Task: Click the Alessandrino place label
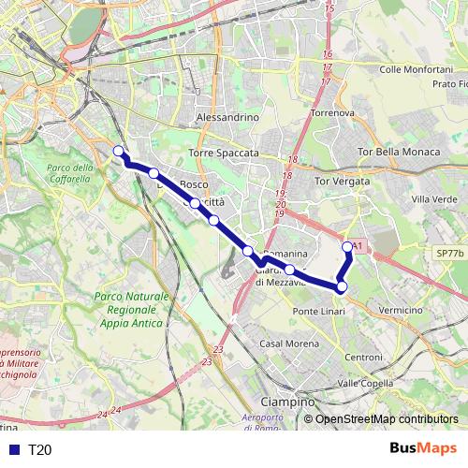pos(227,118)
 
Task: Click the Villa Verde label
pos(433,199)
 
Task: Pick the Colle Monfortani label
pos(417,69)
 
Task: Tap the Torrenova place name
pos(333,112)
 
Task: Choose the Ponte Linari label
pos(319,311)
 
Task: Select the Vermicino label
pos(402,310)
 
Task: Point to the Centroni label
pos(364,358)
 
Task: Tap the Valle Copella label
pos(365,384)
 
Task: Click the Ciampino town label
pos(287,402)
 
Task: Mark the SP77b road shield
pos(449,254)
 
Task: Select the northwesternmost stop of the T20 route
pos(118,151)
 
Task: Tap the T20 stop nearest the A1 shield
pos(348,247)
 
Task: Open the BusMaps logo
pos(424,449)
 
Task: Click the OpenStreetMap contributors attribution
pos(386,420)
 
